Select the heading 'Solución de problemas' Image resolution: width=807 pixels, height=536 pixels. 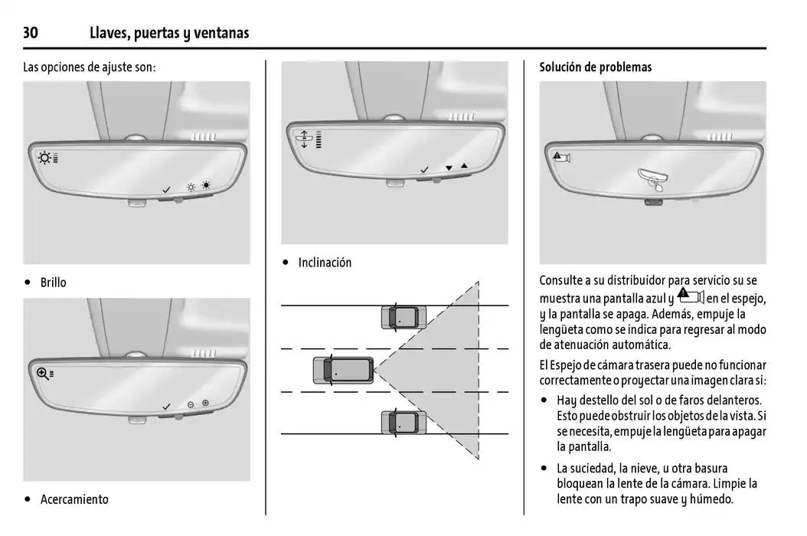pos(595,67)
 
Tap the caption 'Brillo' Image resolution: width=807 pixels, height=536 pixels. pos(53,283)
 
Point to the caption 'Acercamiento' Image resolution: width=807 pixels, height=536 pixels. pos(74,499)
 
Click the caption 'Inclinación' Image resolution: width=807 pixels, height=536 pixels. pos(325,263)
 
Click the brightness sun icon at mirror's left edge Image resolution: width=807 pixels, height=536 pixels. pos(46,159)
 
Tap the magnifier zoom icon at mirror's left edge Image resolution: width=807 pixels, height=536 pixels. pos(43,373)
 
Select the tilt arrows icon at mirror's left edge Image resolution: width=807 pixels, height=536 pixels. pos(304,139)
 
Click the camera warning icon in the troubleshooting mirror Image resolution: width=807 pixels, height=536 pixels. pos(563,157)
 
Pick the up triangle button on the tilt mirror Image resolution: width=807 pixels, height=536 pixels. pos(463,166)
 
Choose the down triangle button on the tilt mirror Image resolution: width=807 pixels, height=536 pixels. pos(448,167)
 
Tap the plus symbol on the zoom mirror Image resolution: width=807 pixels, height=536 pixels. pos(205,403)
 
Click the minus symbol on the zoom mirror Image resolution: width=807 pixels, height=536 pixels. pos(191,404)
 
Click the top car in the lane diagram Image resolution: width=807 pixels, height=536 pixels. pos(403,316)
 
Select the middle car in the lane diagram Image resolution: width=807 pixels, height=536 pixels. pos(342,371)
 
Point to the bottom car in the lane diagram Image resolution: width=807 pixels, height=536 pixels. pos(403,423)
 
